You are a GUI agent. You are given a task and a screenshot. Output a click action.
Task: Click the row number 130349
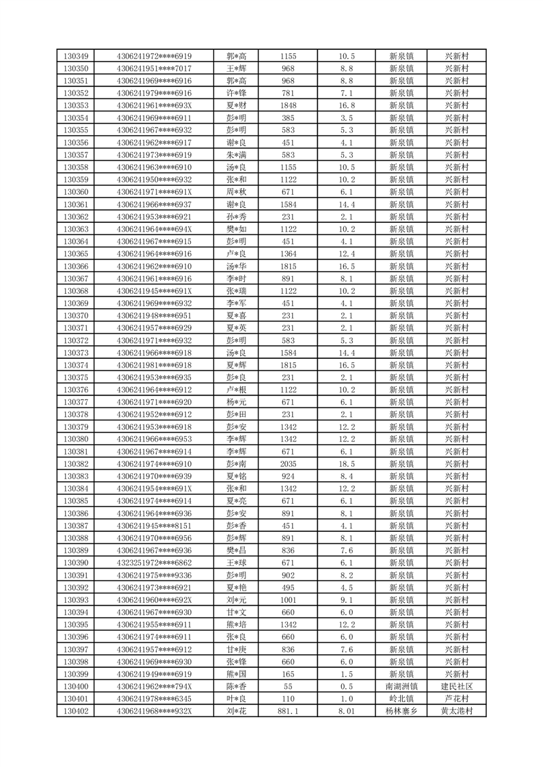tap(75, 56)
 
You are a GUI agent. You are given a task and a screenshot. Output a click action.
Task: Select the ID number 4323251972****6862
tap(154, 563)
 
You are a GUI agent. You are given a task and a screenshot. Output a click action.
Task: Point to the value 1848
tap(288, 105)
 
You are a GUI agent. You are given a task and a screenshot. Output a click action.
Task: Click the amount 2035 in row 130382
tap(288, 463)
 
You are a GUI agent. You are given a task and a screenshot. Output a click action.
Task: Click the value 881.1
tap(288, 711)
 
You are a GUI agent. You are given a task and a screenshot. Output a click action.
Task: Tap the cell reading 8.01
tap(346, 711)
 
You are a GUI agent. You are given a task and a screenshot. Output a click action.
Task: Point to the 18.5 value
tap(346, 463)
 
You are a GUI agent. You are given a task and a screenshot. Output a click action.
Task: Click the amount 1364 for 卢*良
tap(288, 254)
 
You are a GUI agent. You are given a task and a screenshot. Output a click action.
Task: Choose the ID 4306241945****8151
tap(154, 526)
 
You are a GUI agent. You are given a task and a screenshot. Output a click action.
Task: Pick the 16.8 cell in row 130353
tap(346, 105)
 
